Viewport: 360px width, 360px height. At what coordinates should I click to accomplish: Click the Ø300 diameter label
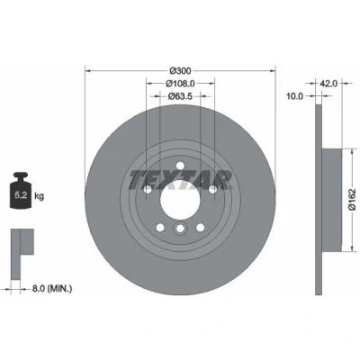(x=180, y=71)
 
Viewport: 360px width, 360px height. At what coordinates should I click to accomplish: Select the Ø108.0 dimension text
(x=180, y=84)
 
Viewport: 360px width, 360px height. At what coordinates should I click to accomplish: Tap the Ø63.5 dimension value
(x=180, y=96)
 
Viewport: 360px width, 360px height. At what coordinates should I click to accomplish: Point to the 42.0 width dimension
(x=328, y=84)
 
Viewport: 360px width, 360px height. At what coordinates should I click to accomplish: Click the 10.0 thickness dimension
(x=295, y=96)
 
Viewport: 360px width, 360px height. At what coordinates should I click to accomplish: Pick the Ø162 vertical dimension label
(x=352, y=199)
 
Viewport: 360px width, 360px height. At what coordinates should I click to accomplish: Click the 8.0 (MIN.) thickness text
(x=52, y=289)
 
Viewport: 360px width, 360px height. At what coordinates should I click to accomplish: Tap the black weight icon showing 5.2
(x=21, y=190)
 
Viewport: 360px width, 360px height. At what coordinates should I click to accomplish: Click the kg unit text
(x=40, y=196)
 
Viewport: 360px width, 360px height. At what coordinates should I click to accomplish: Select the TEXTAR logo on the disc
(x=180, y=180)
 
